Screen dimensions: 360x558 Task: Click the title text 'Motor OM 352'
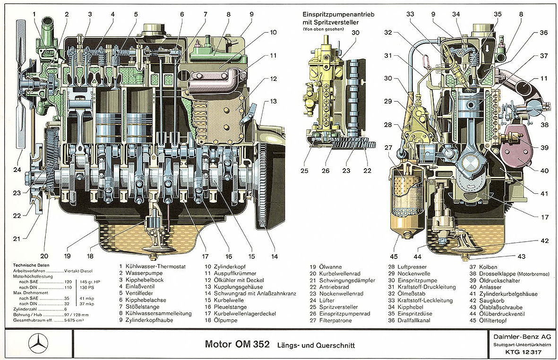pyautogui.click(x=237, y=343)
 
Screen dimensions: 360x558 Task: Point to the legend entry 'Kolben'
pyautogui.click(x=491, y=267)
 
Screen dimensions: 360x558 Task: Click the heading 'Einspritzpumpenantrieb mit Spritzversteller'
pyautogui.click(x=338, y=18)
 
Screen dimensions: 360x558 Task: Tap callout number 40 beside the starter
pyautogui.click(x=545, y=171)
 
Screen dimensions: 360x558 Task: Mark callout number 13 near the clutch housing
pyautogui.click(x=274, y=101)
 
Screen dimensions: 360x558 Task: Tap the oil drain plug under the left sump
pyautogui.click(x=152, y=257)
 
